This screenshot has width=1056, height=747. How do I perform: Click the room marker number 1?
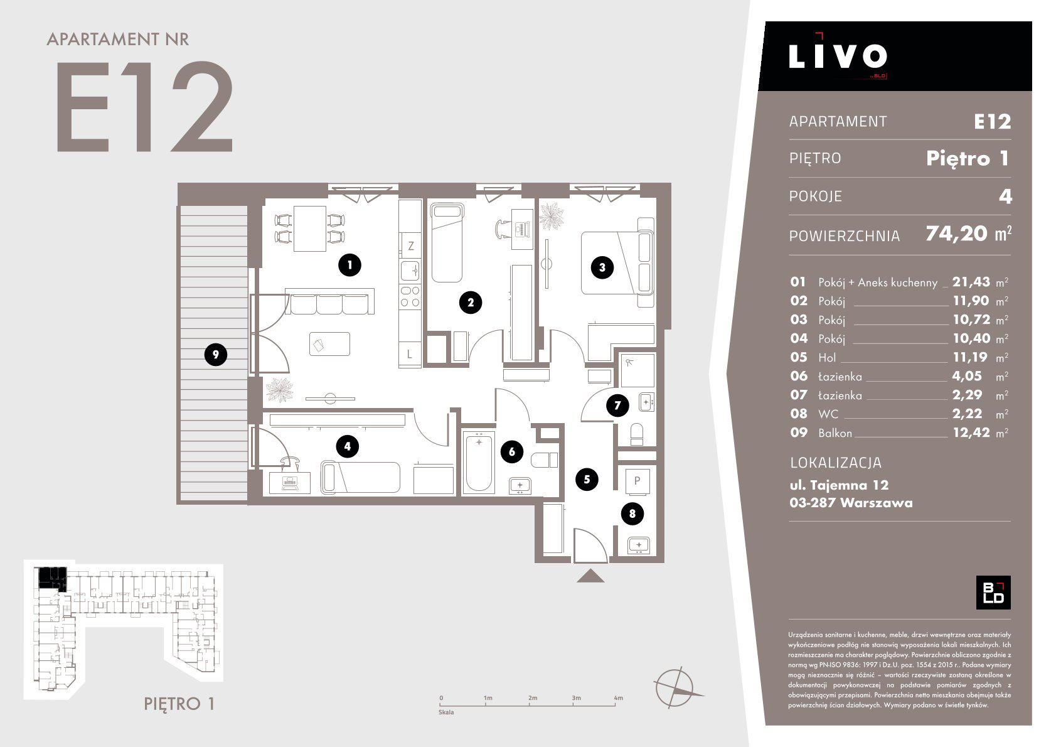coord(349,265)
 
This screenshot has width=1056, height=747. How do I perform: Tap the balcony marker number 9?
coord(216,355)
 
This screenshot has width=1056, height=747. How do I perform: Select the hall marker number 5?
coord(587,480)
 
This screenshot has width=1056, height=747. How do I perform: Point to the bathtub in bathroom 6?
coord(479,462)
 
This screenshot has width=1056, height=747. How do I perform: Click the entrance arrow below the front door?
coord(590,576)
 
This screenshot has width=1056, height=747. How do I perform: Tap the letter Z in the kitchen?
coord(411,245)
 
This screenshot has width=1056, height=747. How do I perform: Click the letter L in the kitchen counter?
coord(409,354)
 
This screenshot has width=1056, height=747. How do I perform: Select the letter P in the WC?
coord(637,481)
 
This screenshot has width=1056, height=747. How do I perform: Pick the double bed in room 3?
coord(617,262)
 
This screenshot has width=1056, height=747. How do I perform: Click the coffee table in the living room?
coord(329,344)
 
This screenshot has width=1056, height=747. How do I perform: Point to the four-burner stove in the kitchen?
coord(410,297)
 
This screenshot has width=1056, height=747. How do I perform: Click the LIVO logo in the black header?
coord(838,56)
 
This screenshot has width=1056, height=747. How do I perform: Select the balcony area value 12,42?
coord(972,433)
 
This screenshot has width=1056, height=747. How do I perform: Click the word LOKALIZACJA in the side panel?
coord(836,463)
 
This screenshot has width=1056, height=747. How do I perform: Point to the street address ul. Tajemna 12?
coord(839,485)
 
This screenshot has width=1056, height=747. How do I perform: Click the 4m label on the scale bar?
coord(619,698)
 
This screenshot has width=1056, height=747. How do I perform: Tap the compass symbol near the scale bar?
coord(676,688)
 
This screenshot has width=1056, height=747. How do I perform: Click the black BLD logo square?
coord(993,593)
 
